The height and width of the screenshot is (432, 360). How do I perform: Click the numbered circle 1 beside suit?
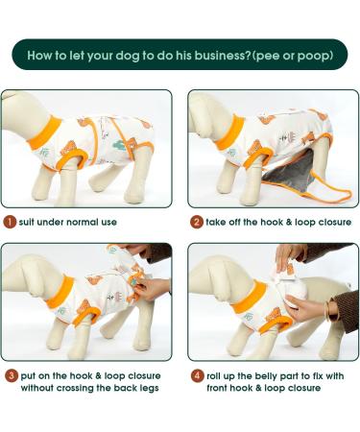click(x=10, y=222)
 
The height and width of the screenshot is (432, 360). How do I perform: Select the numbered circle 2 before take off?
click(x=197, y=222)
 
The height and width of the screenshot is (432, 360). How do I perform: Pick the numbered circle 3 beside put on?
click(x=12, y=375)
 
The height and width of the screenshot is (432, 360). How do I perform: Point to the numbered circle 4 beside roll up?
click(x=198, y=375)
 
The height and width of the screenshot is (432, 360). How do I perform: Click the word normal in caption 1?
click(x=77, y=222)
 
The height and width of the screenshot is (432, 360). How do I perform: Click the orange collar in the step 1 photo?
click(x=44, y=132)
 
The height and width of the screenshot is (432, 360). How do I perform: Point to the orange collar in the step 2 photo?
click(x=230, y=132)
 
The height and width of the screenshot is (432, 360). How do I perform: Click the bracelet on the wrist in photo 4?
click(x=327, y=309)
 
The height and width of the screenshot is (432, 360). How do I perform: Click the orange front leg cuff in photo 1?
click(x=72, y=159)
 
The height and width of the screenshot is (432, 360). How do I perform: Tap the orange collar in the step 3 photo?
click(x=60, y=292)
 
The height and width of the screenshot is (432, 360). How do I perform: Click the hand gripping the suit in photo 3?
click(x=151, y=288)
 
